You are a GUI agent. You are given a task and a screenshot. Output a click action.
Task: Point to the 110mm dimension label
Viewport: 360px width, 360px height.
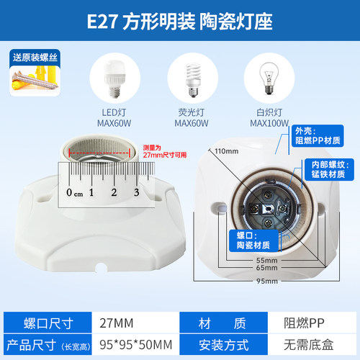point(226,151)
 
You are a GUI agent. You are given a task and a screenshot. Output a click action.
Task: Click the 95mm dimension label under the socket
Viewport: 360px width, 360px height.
point(266,281)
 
